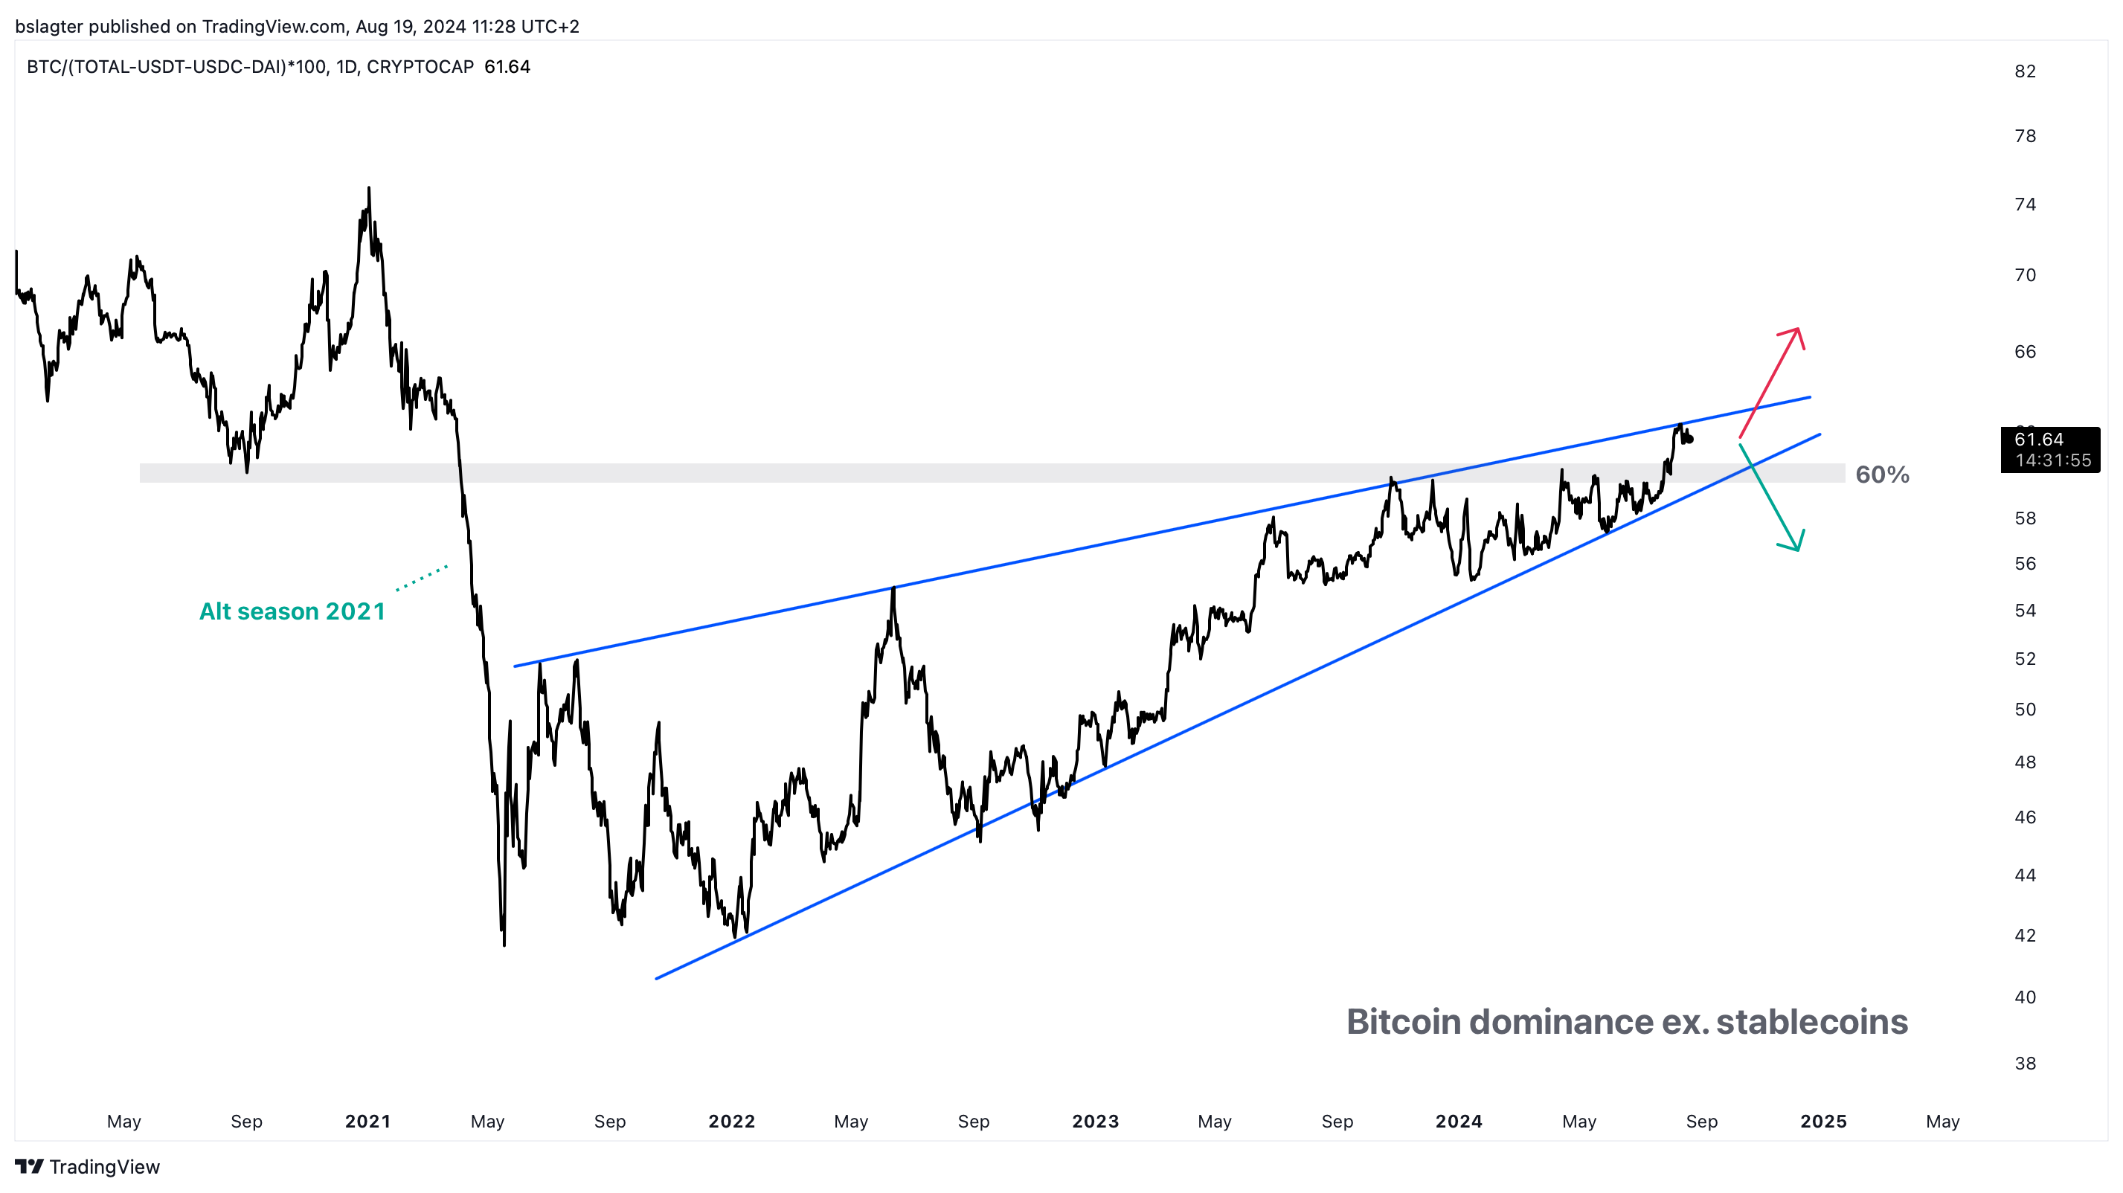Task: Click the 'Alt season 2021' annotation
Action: [x=292, y=611]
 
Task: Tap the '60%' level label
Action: [x=1881, y=475]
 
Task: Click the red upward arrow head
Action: [x=1796, y=333]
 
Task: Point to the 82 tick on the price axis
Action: [x=2025, y=71]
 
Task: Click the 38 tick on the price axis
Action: [x=2025, y=1064]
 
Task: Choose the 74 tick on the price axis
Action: [x=2025, y=205]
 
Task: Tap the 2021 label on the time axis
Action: [x=367, y=1122]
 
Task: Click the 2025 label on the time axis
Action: [x=1823, y=1122]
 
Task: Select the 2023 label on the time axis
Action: [x=1095, y=1122]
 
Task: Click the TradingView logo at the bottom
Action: [x=87, y=1167]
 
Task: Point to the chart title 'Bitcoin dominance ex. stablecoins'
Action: [x=1627, y=1022]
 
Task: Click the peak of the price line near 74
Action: [x=368, y=189]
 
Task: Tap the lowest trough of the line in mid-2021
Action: [x=504, y=943]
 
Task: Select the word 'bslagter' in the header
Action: [x=48, y=26]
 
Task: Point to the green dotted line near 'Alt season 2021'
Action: [x=422, y=578]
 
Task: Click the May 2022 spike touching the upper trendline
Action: [x=893, y=588]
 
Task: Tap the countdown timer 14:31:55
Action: [x=2052, y=460]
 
